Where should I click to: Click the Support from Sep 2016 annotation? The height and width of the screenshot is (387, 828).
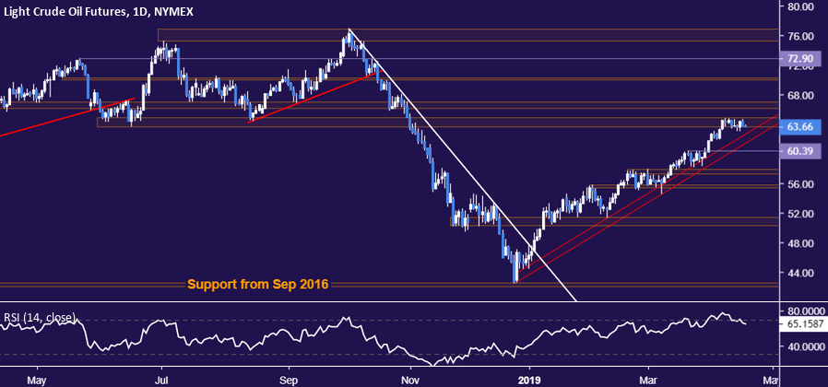click(x=258, y=285)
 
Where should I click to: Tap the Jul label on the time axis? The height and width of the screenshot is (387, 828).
click(x=162, y=378)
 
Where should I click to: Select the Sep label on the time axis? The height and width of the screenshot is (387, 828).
click(x=289, y=378)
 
